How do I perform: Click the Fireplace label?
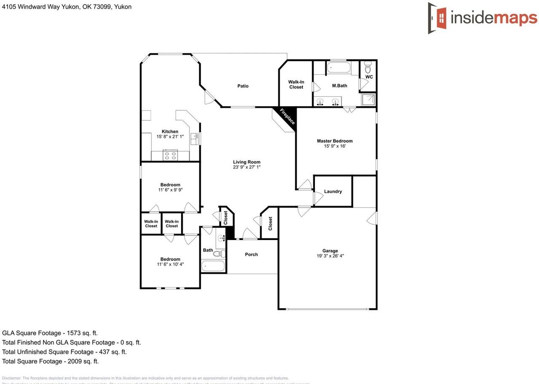point(287,116)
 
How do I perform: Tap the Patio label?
point(243,86)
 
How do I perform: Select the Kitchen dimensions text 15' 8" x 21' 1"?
point(170,136)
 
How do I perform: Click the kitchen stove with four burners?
point(171,156)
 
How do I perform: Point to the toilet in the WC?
point(368,67)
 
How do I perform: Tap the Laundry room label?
point(333,192)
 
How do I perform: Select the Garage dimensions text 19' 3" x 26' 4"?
point(331,256)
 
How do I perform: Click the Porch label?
point(251,254)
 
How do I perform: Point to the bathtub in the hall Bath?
point(213,266)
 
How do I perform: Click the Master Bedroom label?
point(335,141)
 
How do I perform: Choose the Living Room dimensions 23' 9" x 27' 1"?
point(247,167)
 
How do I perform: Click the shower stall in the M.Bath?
point(369,100)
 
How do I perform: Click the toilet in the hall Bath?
point(219,253)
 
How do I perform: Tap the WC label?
point(369,77)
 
